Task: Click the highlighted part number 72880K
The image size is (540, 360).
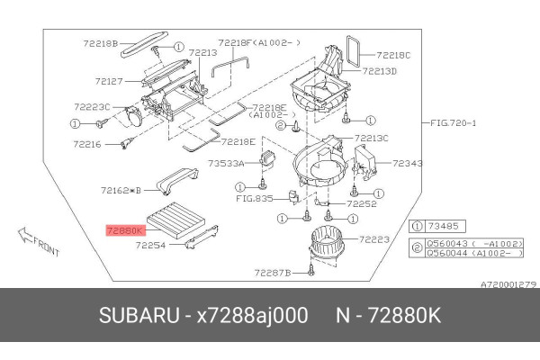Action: [124, 230]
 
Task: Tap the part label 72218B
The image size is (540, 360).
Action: [101, 43]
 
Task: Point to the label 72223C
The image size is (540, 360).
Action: [93, 107]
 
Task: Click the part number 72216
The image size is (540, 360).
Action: [88, 144]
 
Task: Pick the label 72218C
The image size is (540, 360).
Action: [394, 55]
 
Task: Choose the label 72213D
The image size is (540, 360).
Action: [381, 71]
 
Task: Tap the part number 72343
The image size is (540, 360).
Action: [407, 163]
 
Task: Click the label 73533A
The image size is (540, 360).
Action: [227, 164]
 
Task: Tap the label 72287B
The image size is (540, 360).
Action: [272, 272]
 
